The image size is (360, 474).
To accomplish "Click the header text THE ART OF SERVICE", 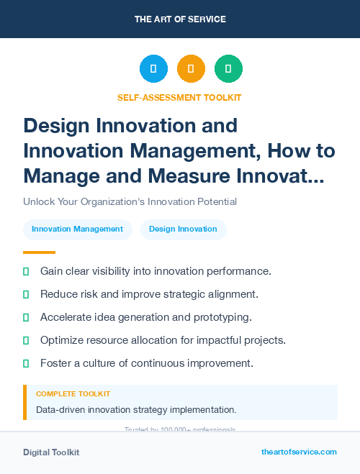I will (x=180, y=19).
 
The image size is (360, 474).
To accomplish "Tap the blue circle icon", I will (x=153, y=69).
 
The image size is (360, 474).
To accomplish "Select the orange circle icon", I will (x=191, y=69).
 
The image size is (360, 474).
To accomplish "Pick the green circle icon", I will (x=228, y=69).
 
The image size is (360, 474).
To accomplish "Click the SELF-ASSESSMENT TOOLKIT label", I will (x=179, y=97).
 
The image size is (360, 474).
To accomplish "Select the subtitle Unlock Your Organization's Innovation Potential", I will (x=130, y=201).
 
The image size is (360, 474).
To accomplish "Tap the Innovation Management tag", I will (x=77, y=229).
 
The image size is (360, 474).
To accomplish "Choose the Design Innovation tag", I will (x=183, y=229).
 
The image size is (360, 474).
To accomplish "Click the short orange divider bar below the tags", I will (x=39, y=252).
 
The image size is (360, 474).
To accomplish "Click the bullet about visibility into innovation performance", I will (x=156, y=271).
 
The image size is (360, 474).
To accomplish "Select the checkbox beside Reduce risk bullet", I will (x=26, y=294).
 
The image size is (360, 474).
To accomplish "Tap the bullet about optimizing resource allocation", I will (x=163, y=340).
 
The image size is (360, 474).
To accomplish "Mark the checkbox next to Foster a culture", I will (x=26, y=363).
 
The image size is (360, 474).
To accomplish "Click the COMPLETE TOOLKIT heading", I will (x=73, y=394).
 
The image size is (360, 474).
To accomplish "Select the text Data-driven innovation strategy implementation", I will (x=136, y=409).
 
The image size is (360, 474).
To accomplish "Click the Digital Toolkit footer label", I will (x=51, y=452).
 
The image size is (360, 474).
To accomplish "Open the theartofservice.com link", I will (x=299, y=452).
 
